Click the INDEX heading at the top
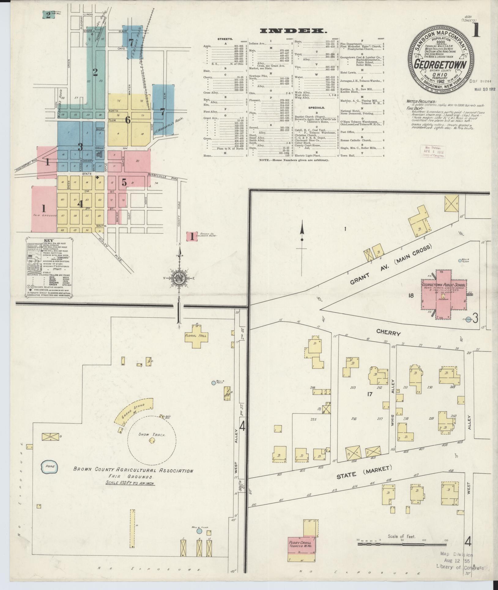point(292,31)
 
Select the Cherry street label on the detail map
point(388,333)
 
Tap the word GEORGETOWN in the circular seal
point(440,65)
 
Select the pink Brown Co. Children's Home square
point(192,236)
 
